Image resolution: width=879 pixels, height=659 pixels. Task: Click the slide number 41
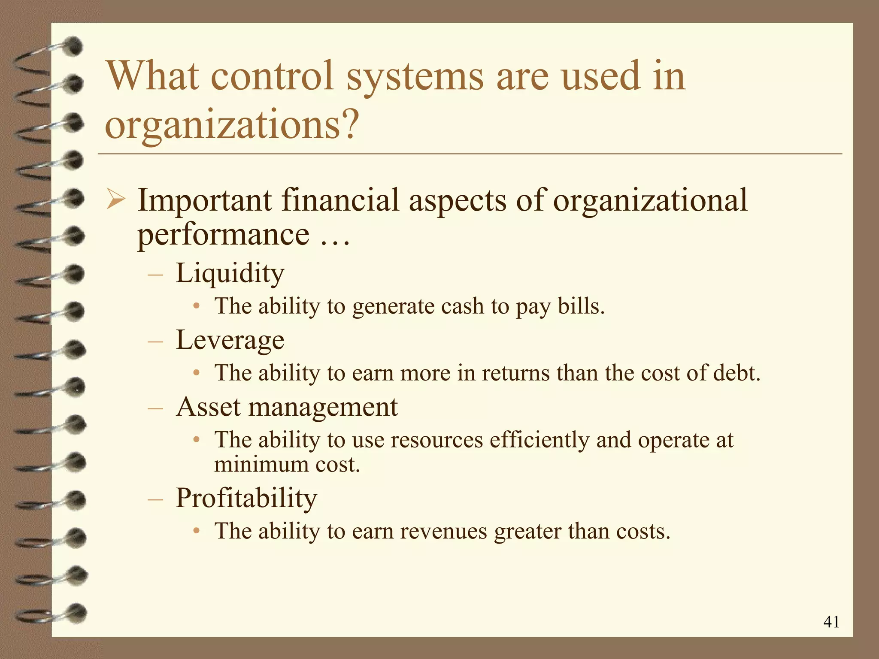click(831, 622)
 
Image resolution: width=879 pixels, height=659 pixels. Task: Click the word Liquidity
click(230, 273)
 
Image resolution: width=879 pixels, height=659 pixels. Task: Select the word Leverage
click(230, 340)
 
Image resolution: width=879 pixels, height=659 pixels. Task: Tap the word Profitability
click(246, 498)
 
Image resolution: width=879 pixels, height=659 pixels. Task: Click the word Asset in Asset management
click(209, 407)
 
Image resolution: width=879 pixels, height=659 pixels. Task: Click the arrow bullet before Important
click(115, 200)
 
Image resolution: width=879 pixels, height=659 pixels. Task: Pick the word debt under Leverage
click(737, 373)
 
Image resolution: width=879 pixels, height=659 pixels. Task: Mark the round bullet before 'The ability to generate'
click(196, 306)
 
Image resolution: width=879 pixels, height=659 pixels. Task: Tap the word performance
click(223, 235)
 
